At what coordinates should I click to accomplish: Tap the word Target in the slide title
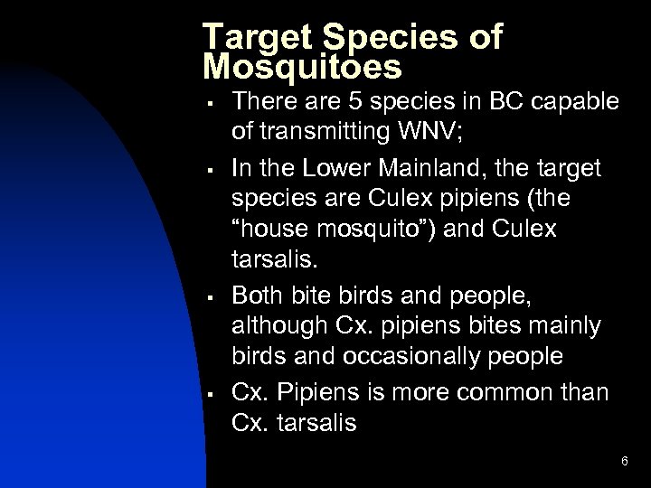pyautogui.click(x=254, y=36)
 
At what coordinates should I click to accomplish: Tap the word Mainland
pyautogui.click(x=424, y=167)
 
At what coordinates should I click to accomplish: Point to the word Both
pyautogui.click(x=258, y=294)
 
